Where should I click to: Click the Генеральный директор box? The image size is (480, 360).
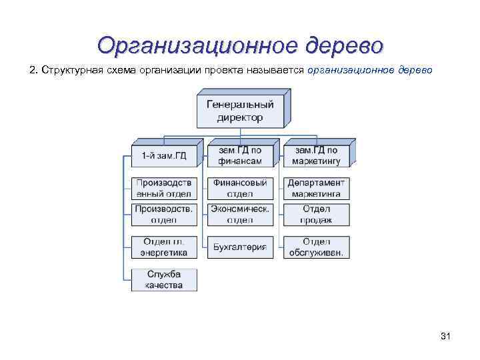[239, 111]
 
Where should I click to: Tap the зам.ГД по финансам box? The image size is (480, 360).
[239, 155]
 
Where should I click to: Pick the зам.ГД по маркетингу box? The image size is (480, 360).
[315, 155]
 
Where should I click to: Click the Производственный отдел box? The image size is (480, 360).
[164, 189]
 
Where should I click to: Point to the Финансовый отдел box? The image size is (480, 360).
[240, 189]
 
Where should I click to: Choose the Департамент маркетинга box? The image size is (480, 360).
[316, 189]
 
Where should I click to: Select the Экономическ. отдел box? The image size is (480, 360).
[240, 215]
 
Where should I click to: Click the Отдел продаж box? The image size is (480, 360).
[316, 215]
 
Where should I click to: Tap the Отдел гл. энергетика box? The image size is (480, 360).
[164, 247]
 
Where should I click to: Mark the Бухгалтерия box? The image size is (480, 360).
[240, 247]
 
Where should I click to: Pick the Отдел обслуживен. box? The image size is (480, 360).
[316, 247]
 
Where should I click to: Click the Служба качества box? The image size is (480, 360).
[164, 279]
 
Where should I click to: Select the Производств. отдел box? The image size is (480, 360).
[164, 215]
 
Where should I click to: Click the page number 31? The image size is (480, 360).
[446, 336]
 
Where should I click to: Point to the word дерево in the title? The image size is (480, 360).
[345, 45]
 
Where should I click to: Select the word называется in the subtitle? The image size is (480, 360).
[279, 70]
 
